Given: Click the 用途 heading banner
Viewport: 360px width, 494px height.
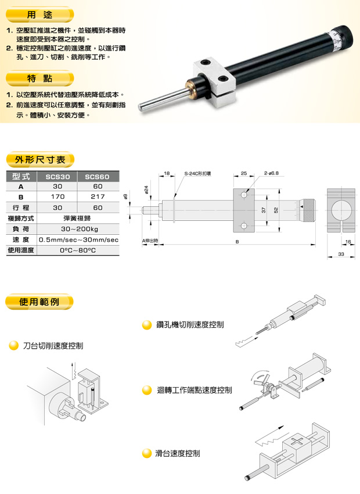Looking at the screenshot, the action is (x=39, y=15).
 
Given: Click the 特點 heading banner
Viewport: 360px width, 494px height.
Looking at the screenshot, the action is (x=39, y=78).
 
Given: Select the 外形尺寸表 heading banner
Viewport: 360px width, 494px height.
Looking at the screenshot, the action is (x=40, y=160).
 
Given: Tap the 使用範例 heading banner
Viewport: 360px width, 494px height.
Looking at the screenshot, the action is (x=39, y=302).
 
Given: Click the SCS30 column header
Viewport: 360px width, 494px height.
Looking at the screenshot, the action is (x=57, y=177).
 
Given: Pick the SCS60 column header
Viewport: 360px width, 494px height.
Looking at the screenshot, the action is (x=98, y=177).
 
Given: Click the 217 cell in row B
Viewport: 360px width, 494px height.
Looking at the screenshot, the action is (x=98, y=196).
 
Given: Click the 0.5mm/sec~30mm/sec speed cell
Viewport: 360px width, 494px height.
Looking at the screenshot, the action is (x=78, y=240).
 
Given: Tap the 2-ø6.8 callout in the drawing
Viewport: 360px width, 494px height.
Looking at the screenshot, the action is (x=271, y=173).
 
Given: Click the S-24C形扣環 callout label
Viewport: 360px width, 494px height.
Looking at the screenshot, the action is (x=197, y=173).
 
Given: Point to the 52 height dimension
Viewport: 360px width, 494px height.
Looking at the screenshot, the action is (x=276, y=210).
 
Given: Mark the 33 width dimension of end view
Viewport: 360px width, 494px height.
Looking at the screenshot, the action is (x=341, y=254).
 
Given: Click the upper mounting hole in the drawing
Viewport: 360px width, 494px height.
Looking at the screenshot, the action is (x=244, y=195).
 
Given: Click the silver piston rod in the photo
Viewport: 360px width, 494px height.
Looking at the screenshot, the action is (x=163, y=99).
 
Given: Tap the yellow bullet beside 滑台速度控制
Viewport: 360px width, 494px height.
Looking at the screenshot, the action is (x=147, y=453).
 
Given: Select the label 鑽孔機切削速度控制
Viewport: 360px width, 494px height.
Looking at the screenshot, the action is (x=190, y=324).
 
